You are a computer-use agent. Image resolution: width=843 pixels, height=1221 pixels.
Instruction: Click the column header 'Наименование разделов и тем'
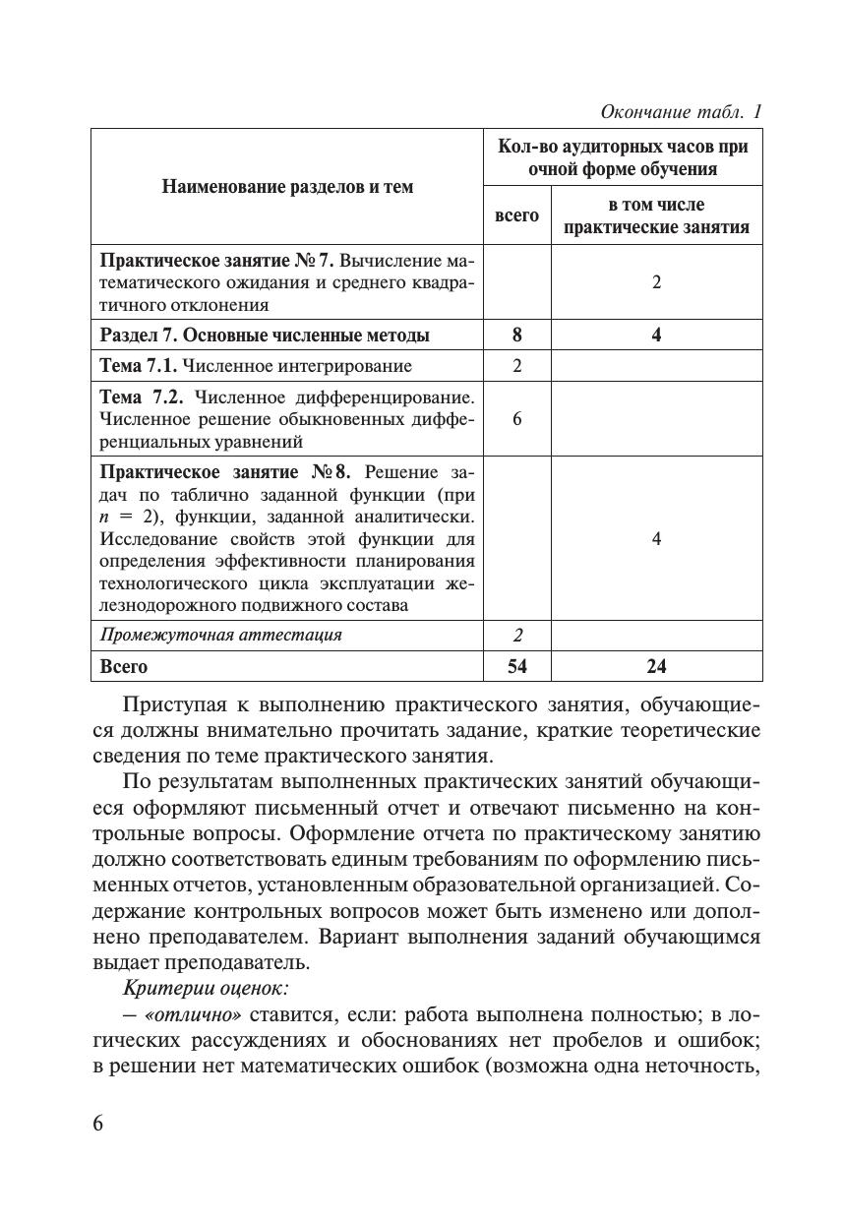(x=287, y=186)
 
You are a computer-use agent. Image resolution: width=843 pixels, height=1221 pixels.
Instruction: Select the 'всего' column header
(x=516, y=215)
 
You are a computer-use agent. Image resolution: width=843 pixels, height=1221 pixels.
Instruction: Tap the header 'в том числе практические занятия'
(x=656, y=216)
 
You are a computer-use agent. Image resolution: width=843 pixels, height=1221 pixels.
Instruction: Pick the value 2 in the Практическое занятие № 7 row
(x=656, y=282)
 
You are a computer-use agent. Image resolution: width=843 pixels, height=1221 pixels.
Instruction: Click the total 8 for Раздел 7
(x=517, y=336)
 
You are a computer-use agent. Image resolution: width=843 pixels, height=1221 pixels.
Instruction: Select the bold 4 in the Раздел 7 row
(x=656, y=336)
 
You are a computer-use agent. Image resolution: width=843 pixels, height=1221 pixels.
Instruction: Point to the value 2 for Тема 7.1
(x=517, y=367)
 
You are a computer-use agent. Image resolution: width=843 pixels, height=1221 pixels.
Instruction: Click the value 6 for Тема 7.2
(x=517, y=419)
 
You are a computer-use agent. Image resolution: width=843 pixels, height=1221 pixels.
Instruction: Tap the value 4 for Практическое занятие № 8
(x=656, y=539)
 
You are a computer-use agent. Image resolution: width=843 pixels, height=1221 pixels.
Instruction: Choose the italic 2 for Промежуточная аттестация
(x=517, y=636)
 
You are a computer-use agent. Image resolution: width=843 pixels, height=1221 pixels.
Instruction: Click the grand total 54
(x=517, y=667)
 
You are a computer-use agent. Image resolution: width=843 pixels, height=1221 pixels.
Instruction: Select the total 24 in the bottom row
(x=656, y=667)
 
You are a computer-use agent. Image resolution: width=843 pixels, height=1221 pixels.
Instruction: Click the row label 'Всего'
(x=124, y=667)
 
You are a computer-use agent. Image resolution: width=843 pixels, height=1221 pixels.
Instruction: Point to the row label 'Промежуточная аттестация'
(x=221, y=635)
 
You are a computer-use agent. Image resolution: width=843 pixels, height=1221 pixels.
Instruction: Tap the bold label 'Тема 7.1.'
(x=140, y=367)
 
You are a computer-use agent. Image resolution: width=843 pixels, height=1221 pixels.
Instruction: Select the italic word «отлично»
(x=195, y=1014)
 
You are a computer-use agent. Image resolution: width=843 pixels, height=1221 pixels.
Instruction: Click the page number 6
(x=98, y=1125)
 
